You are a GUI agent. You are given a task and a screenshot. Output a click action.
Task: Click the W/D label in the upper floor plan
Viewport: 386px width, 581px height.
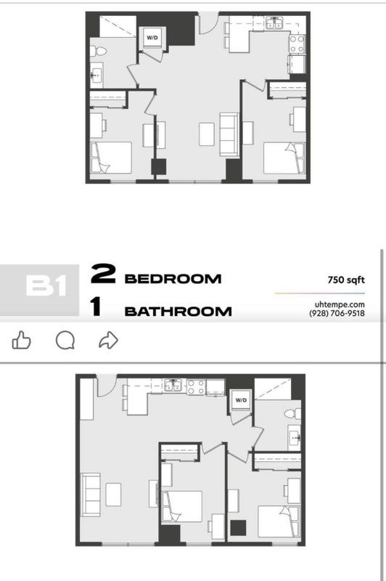[x=152, y=38]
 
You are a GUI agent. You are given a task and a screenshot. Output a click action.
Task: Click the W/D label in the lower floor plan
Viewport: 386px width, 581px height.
[x=241, y=400]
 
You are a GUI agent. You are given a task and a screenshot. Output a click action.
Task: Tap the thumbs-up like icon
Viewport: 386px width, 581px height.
[x=22, y=340]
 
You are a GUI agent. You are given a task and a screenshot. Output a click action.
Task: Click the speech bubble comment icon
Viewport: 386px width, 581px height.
[x=65, y=340]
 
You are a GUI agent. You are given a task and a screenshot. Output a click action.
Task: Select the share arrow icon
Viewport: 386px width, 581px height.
[x=108, y=340]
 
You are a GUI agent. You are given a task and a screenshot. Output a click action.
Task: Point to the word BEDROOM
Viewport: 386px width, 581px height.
[x=173, y=279]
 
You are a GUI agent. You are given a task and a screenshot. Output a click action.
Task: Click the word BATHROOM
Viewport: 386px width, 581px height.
[x=178, y=312]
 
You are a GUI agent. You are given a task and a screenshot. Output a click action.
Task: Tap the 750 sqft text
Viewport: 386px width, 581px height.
[x=346, y=280]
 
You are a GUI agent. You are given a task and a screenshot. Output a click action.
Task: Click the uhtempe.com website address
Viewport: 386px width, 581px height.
[x=340, y=304]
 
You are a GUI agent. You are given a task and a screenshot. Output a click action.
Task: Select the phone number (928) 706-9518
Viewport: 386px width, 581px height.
[x=337, y=313]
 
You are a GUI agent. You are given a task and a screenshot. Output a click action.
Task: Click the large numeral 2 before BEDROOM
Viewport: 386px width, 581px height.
[x=103, y=274]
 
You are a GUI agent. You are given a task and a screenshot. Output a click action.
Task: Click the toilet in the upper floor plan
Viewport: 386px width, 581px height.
[x=98, y=51]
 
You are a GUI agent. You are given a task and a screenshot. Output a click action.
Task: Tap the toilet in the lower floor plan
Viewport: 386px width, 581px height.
[x=292, y=413]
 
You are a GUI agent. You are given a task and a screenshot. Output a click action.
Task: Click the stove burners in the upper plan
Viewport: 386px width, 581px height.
[x=297, y=44]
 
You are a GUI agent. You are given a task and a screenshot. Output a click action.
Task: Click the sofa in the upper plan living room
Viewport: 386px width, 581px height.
[x=229, y=134]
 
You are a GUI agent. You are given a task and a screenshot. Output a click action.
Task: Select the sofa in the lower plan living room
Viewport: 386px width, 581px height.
[x=91, y=495]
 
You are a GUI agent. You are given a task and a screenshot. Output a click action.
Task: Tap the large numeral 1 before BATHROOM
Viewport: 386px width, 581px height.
[x=96, y=306]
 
